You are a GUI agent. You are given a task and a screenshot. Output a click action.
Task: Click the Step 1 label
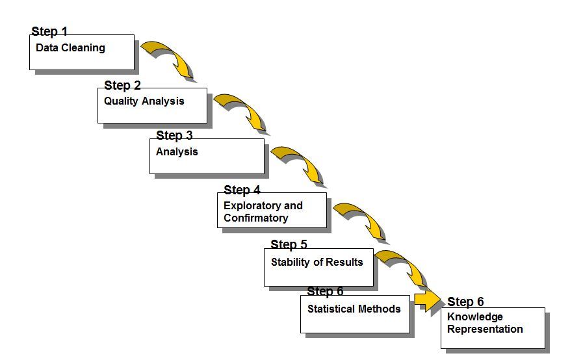49,31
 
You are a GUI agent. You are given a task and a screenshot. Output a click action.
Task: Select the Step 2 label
122,85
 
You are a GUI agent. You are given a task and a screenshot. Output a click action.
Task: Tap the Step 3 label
174,135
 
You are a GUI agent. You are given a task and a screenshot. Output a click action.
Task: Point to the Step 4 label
242,190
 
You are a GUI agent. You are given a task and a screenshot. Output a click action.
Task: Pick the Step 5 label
289,244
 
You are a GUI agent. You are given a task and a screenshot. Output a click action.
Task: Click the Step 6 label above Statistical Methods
325,291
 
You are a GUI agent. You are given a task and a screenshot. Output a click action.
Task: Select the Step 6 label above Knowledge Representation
465,302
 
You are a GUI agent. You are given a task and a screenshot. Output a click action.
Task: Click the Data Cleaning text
70,47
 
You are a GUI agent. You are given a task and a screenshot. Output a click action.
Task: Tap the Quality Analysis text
144,101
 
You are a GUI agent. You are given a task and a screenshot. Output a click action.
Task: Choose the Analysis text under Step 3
177,151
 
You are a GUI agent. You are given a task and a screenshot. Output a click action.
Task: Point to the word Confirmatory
255,218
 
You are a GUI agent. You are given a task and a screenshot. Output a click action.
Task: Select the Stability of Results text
317,262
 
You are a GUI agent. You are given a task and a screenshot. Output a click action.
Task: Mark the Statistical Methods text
354,309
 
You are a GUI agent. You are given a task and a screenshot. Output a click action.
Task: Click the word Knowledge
474,317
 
